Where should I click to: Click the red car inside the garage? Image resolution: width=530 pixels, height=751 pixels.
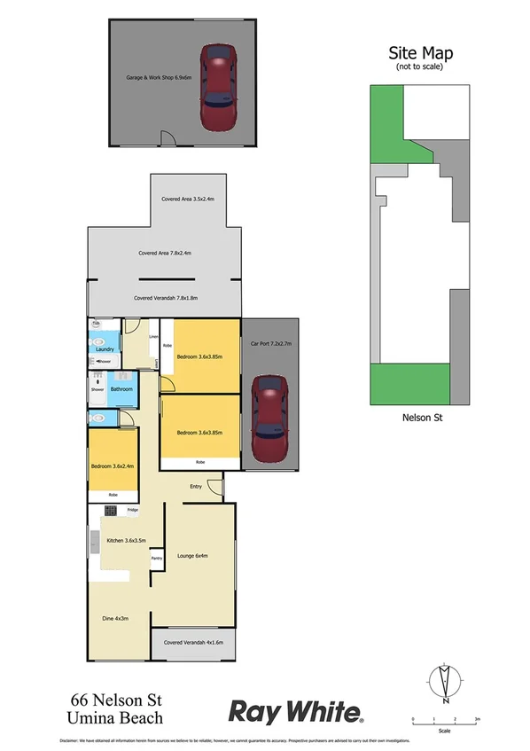(x=219, y=87)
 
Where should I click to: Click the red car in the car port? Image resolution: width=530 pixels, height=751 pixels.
(x=269, y=420)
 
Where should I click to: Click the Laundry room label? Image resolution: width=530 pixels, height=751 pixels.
(x=103, y=349)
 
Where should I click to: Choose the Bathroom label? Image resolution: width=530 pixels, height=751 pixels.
(x=121, y=389)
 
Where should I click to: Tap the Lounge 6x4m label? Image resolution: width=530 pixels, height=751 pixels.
(x=192, y=556)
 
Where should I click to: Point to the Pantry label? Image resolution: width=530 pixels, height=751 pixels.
(x=156, y=558)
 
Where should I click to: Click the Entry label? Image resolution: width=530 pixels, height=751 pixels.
(x=196, y=486)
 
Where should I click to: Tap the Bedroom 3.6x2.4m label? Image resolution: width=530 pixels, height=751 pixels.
(x=112, y=467)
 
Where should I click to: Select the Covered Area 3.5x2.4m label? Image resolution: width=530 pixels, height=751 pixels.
(x=183, y=199)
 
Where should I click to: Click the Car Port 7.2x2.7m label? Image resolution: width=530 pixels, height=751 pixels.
(x=271, y=342)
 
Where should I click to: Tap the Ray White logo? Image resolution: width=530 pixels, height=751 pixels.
(x=297, y=711)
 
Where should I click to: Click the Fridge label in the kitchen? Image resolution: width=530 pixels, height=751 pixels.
(x=132, y=510)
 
